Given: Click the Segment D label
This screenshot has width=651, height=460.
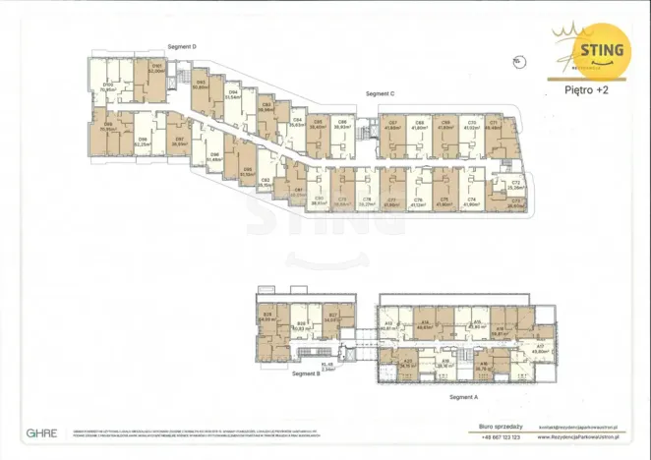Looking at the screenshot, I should pos(183,46).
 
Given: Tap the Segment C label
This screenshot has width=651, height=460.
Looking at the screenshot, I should pos(380,93).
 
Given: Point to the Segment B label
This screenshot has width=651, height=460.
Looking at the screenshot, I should pos(306,374).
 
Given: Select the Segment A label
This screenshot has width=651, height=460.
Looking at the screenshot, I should pos(462,395).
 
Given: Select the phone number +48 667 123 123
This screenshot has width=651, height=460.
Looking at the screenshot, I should pos(501,435).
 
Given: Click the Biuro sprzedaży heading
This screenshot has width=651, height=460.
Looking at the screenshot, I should pos(500,427).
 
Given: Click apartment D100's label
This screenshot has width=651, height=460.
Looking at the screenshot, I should pos(108,86).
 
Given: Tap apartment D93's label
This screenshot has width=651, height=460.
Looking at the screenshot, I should pos(201,85).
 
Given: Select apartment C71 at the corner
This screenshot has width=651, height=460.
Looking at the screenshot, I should pos(494,125).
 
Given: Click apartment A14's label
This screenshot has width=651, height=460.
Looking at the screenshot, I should pos(425,325).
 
